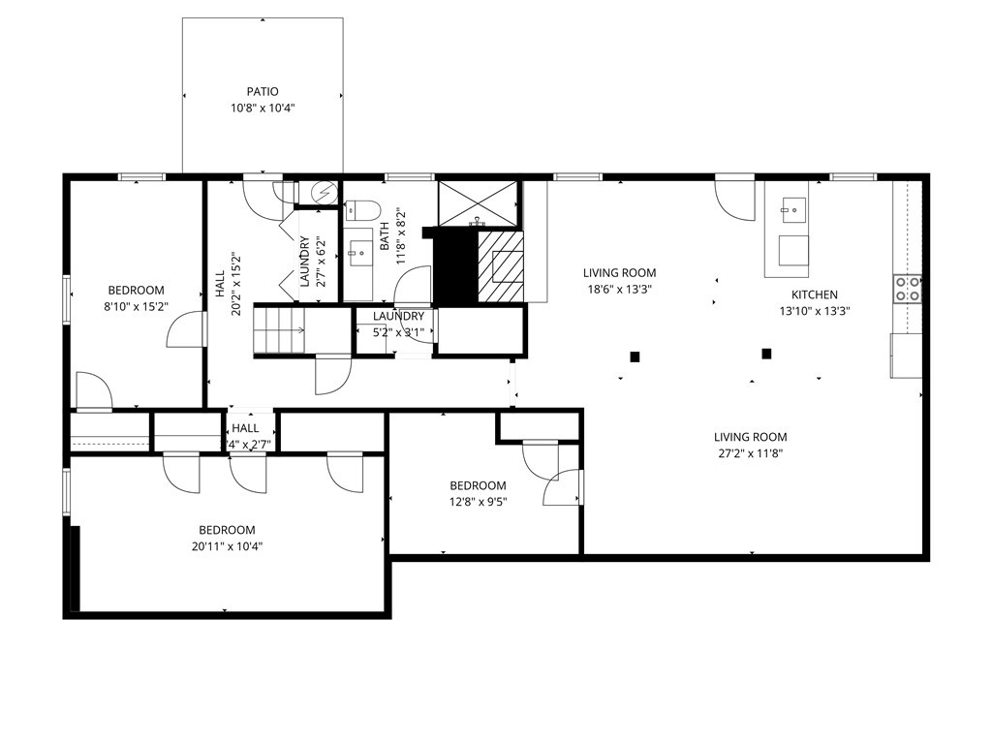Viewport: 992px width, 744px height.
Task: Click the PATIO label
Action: click(262, 92)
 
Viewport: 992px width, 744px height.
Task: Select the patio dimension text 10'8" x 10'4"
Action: click(262, 108)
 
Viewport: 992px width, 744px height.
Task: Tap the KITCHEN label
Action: click(815, 294)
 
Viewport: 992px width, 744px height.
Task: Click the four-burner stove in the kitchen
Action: click(907, 288)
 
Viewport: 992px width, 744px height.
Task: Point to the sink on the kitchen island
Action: click(793, 206)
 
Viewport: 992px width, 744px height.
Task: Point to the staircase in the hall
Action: click(279, 331)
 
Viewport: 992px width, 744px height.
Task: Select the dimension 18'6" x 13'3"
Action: click(619, 289)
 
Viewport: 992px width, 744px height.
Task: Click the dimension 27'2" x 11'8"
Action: click(750, 452)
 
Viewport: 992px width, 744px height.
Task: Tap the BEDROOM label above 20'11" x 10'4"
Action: click(227, 530)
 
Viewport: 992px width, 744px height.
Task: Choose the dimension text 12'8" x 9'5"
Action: click(478, 502)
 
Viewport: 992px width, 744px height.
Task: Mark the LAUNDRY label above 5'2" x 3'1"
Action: click(398, 316)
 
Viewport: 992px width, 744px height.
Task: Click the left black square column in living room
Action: click(635, 356)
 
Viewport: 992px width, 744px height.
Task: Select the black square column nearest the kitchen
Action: click(766, 354)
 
